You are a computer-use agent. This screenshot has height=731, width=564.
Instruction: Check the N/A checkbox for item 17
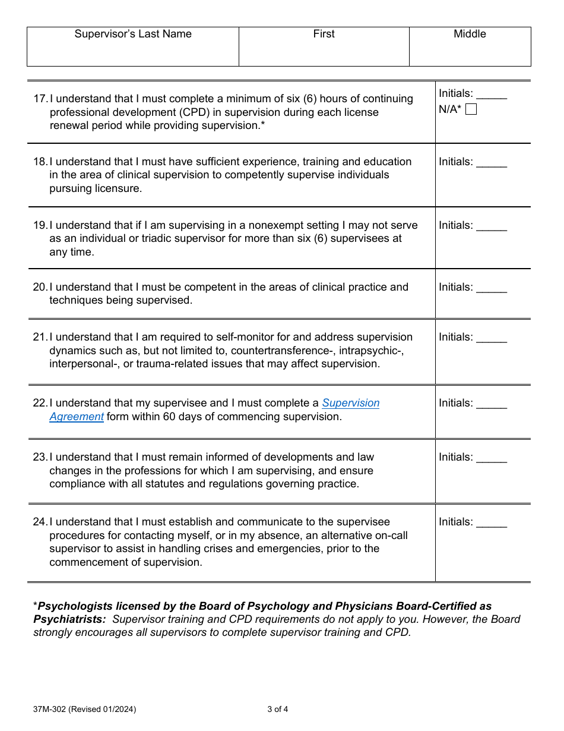point(471,109)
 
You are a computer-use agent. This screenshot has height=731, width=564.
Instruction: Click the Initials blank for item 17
point(492,95)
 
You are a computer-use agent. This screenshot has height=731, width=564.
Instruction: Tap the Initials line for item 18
point(492,163)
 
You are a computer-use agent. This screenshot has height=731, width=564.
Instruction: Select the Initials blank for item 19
point(492,227)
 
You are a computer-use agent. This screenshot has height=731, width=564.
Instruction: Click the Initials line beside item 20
point(492,289)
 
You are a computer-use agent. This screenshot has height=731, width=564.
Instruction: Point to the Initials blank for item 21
point(492,339)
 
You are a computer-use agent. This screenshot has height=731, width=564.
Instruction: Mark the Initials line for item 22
point(492,405)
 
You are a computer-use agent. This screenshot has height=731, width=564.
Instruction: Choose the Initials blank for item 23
point(492,459)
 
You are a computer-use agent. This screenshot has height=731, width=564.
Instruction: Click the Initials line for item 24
point(492,524)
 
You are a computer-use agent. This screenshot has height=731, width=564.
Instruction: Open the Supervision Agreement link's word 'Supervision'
point(350,403)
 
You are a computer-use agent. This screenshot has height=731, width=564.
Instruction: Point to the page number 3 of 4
point(278,709)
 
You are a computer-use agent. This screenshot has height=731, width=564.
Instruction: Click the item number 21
point(40,337)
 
